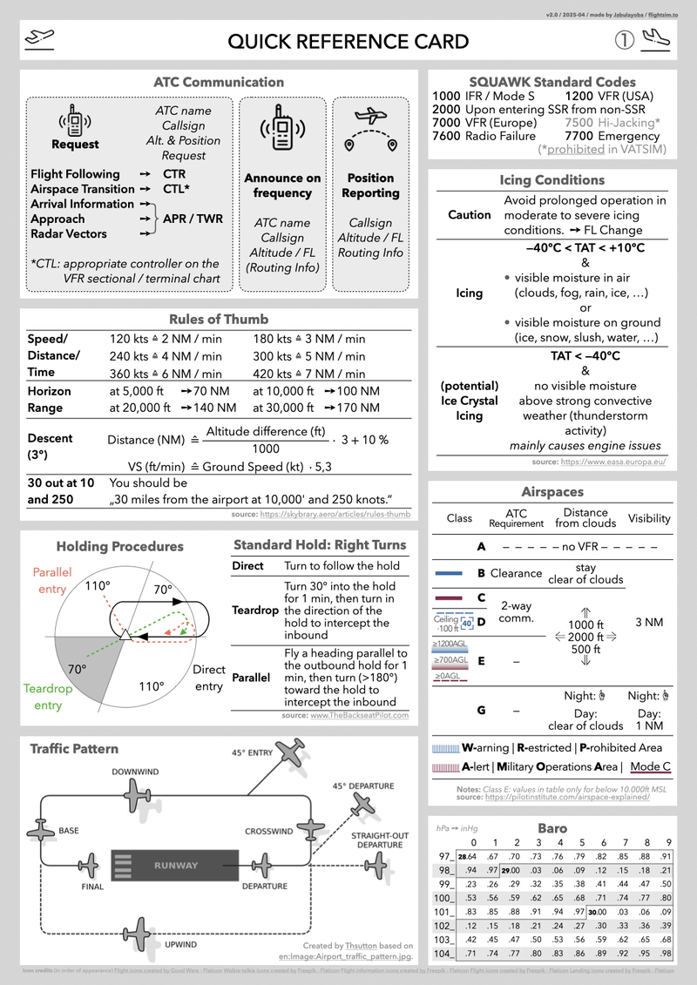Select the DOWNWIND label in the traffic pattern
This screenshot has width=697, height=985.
pyautogui.click(x=135, y=772)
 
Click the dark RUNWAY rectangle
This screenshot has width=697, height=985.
pyautogui.click(x=175, y=866)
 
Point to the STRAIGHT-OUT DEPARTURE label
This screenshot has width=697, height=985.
pyautogui.click(x=379, y=840)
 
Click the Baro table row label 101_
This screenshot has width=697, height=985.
pyautogui.click(x=443, y=912)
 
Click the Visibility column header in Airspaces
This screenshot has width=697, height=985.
pyautogui.click(x=649, y=518)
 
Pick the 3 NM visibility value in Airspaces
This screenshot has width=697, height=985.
pyautogui.click(x=650, y=623)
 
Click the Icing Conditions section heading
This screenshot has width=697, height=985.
pyautogui.click(x=553, y=179)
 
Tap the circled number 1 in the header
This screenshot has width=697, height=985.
pyautogui.click(x=624, y=41)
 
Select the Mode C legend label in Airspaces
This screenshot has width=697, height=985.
pyautogui.click(x=651, y=767)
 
